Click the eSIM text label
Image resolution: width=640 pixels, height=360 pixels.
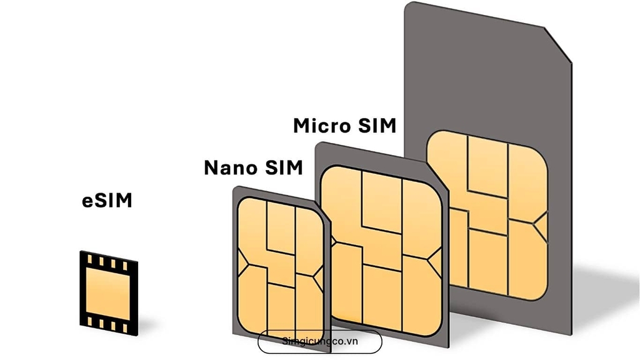[107, 201]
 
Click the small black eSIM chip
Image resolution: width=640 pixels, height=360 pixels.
[109, 289]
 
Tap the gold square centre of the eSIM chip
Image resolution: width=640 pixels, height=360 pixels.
[109, 289]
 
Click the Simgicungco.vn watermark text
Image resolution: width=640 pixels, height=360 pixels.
[319, 342]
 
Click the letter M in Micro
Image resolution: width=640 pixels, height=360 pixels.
[304, 126]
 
